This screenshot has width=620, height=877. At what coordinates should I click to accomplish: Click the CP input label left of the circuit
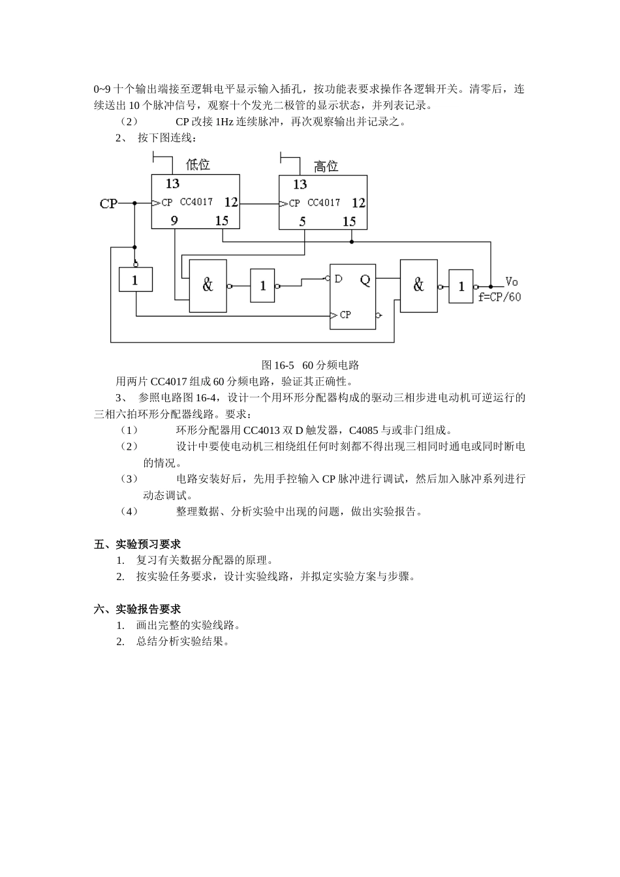tap(108, 204)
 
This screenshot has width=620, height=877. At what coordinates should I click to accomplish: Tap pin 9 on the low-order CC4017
tap(174, 221)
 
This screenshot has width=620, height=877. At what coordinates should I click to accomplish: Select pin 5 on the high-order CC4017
tap(303, 222)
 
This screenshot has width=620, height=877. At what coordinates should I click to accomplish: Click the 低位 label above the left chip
tap(198, 164)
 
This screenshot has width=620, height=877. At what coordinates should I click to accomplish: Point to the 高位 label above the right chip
tap(326, 166)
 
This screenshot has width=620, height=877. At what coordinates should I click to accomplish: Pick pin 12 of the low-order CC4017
tap(231, 203)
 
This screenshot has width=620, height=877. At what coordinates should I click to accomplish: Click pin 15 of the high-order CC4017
tap(349, 222)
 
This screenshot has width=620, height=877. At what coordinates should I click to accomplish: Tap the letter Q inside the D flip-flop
tap(365, 280)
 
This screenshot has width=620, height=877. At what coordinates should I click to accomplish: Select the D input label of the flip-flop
tap(338, 279)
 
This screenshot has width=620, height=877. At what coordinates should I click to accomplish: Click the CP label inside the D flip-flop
tap(345, 315)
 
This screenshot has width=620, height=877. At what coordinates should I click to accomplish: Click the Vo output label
tap(512, 282)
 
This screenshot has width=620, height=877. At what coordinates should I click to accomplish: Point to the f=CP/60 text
tap(499, 297)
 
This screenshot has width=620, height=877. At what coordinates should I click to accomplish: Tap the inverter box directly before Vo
tap(461, 286)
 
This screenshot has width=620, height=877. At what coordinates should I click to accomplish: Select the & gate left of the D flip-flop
tap(208, 285)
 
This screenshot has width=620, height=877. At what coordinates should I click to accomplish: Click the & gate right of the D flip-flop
tap(418, 285)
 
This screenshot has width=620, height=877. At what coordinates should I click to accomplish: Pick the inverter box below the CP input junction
tap(135, 280)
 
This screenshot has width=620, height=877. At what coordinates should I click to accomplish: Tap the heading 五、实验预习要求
tap(138, 544)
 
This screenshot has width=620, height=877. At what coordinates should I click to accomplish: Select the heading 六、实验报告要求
tap(138, 609)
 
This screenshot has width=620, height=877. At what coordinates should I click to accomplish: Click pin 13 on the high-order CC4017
tap(300, 185)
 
